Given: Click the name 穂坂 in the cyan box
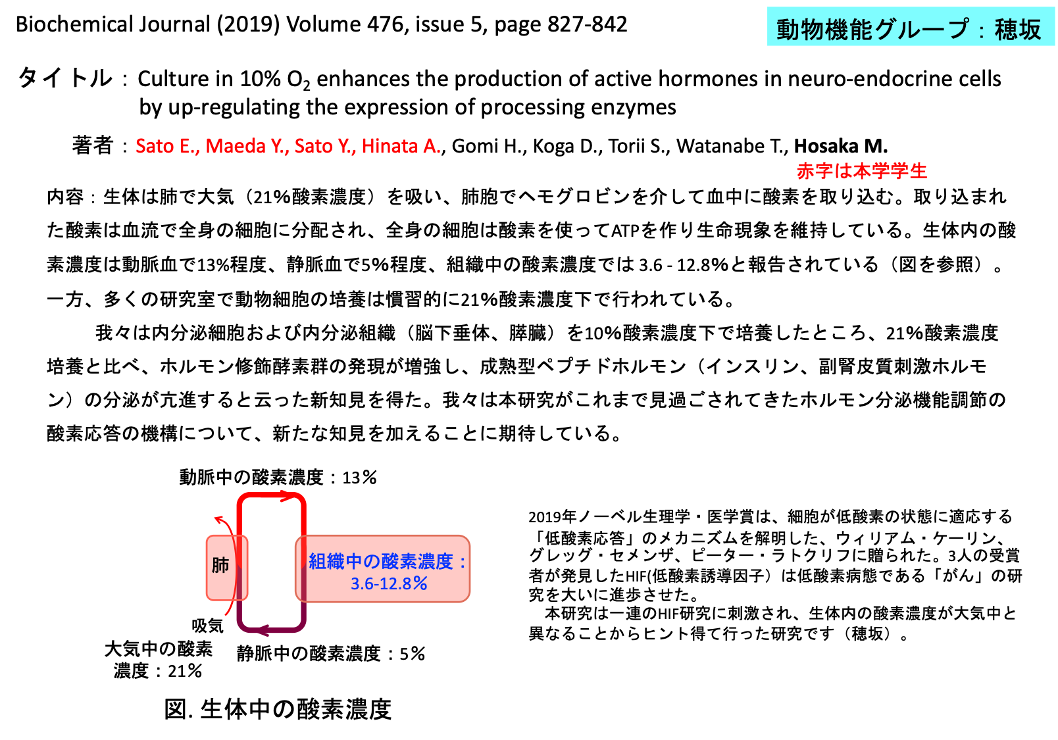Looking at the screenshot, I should [x=1017, y=30].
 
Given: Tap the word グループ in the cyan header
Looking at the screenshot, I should [x=922, y=30].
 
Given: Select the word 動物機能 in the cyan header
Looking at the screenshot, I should [x=824, y=30].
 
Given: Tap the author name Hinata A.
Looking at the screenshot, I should [x=401, y=146].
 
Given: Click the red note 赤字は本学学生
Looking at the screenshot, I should [x=861, y=171].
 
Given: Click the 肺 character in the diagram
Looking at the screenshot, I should [x=220, y=565].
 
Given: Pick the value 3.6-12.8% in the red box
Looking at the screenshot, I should [x=389, y=583].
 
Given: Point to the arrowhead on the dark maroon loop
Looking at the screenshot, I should [x=261, y=631].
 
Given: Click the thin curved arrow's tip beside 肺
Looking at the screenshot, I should [x=218, y=520].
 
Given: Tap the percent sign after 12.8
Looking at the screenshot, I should [x=420, y=583].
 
